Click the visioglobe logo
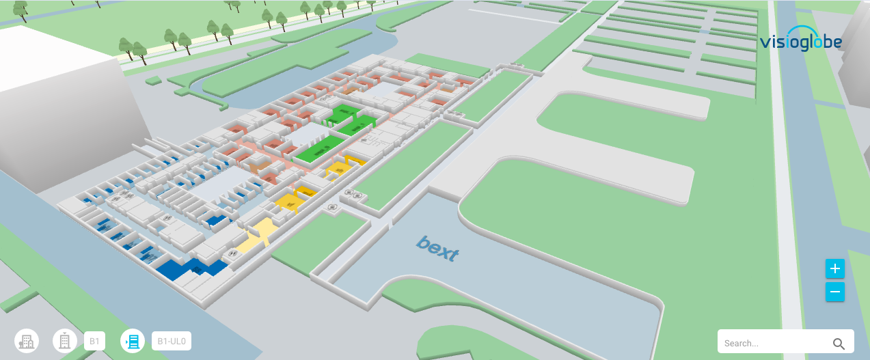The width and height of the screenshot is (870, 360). coord(800,42)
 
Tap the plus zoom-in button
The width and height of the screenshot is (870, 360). coord(834,269)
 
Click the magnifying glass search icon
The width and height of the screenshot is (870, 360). coord(839,344)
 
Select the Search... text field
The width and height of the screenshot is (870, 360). coord(772,343)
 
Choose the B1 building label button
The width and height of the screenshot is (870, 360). coord(94,341)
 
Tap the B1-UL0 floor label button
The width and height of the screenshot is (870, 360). coord(171,341)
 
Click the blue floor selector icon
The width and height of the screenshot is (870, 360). coord(133,341)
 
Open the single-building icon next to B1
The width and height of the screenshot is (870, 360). coord(65,341)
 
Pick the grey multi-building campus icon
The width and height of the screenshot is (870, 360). coord(27,341)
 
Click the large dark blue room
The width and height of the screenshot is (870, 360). coord(188,268)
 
